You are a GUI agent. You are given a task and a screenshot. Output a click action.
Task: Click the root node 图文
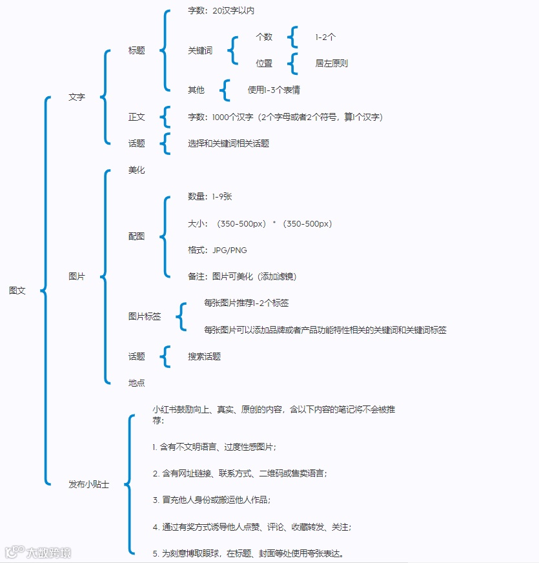click(x=17, y=291)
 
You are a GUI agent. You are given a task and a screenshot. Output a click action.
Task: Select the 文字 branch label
click(x=77, y=97)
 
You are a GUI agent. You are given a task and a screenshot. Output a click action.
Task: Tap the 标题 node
click(x=136, y=50)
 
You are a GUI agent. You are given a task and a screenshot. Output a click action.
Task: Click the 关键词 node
click(x=200, y=50)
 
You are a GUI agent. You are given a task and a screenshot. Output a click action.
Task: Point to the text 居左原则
click(x=332, y=63)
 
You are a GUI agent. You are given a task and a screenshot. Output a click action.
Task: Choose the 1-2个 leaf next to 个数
click(x=325, y=37)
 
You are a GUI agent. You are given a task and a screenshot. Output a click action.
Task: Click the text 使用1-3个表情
click(x=274, y=90)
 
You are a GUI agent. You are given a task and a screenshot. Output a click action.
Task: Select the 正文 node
click(x=136, y=117)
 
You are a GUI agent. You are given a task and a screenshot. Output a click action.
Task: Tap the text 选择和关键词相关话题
click(x=229, y=143)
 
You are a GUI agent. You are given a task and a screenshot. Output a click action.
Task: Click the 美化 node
click(x=136, y=170)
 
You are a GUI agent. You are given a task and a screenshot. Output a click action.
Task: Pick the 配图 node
click(x=136, y=236)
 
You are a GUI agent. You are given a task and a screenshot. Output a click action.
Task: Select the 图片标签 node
click(x=145, y=316)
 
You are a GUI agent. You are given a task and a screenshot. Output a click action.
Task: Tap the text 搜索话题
click(x=205, y=356)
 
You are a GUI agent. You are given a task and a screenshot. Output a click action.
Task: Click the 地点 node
click(x=136, y=383)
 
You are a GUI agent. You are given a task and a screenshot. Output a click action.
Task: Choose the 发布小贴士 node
click(x=89, y=484)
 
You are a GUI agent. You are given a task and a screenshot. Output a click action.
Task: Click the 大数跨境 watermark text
click(x=48, y=552)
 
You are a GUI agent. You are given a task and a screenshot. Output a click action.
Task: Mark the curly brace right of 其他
click(x=225, y=90)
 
